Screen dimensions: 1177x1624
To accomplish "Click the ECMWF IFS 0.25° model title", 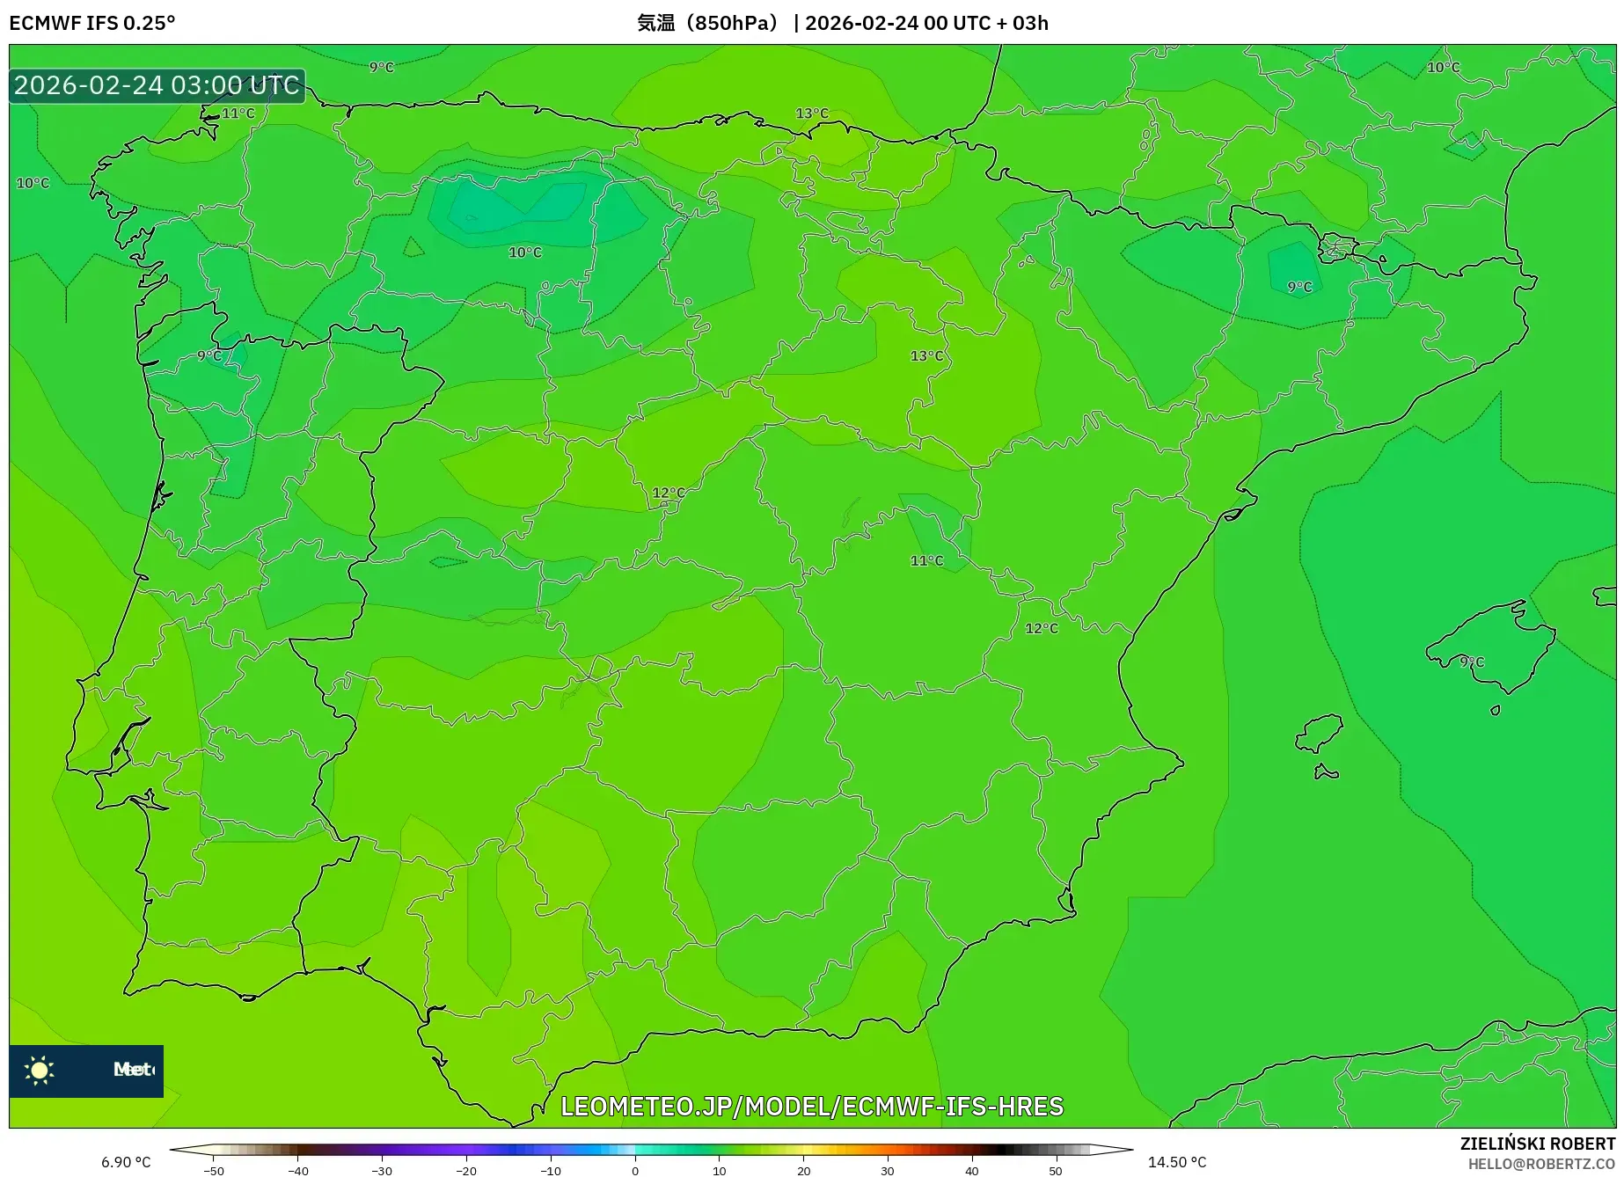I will click(x=92, y=23).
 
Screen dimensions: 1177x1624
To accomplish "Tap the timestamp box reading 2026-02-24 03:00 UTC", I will click(x=157, y=85).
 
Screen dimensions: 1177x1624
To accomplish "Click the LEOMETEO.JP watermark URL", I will click(x=811, y=1106).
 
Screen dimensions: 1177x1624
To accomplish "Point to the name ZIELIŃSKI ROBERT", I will click(x=1537, y=1144).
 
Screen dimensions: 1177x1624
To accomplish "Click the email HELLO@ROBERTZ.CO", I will click(x=1540, y=1164).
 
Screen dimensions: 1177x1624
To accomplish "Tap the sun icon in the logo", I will click(x=40, y=1070).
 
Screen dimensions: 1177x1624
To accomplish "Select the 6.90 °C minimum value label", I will click(x=126, y=1162).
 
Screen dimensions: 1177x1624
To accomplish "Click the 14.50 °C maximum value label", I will click(x=1176, y=1162).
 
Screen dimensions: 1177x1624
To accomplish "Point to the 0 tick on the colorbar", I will click(x=635, y=1170).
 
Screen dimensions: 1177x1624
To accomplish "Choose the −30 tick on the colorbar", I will click(x=382, y=1170).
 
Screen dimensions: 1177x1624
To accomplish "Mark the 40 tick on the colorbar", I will click(x=972, y=1170).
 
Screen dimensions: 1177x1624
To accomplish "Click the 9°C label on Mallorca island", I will click(x=1471, y=662).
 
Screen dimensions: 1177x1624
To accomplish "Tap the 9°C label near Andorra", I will click(x=1298, y=287).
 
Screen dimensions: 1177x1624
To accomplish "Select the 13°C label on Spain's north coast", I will click(x=811, y=113).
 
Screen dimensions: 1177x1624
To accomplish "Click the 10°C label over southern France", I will click(x=1443, y=68).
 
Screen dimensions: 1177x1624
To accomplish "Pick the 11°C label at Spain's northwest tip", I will click(x=238, y=113).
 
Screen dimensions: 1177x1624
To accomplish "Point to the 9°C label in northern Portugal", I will click(x=209, y=355).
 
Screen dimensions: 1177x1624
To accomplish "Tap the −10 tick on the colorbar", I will click(x=551, y=1170).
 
